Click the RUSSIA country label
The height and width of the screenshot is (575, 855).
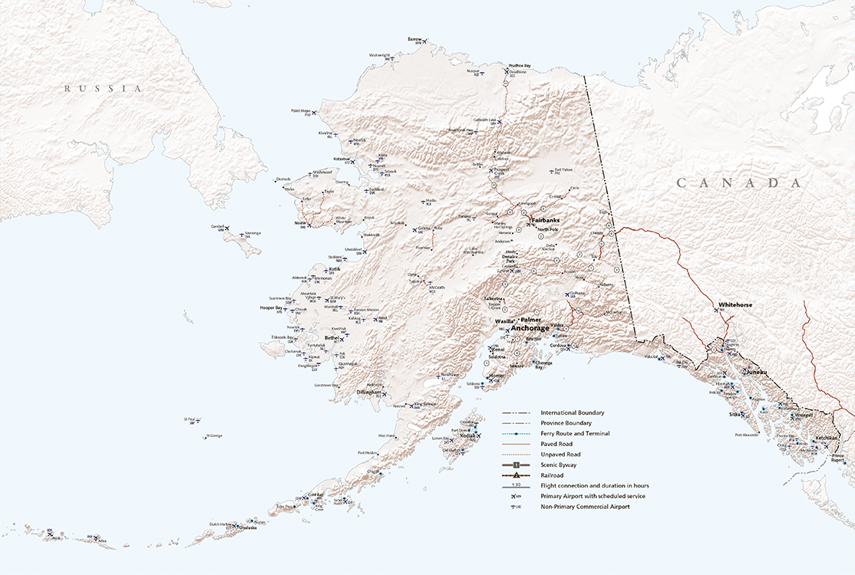click(104, 89)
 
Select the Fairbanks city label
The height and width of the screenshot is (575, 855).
click(544, 220)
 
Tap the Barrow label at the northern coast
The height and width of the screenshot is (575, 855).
click(414, 39)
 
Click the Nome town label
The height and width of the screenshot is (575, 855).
click(300, 223)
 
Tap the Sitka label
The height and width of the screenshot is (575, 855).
click(735, 415)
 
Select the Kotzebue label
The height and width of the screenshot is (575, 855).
click(342, 158)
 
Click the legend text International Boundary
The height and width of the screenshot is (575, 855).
click(572, 412)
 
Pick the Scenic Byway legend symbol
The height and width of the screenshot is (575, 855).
click(517, 465)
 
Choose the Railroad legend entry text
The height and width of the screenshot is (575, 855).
click(553, 475)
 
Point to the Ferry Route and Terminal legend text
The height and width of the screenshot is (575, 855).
click(575, 433)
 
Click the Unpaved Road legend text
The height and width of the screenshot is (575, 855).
click(560, 455)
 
